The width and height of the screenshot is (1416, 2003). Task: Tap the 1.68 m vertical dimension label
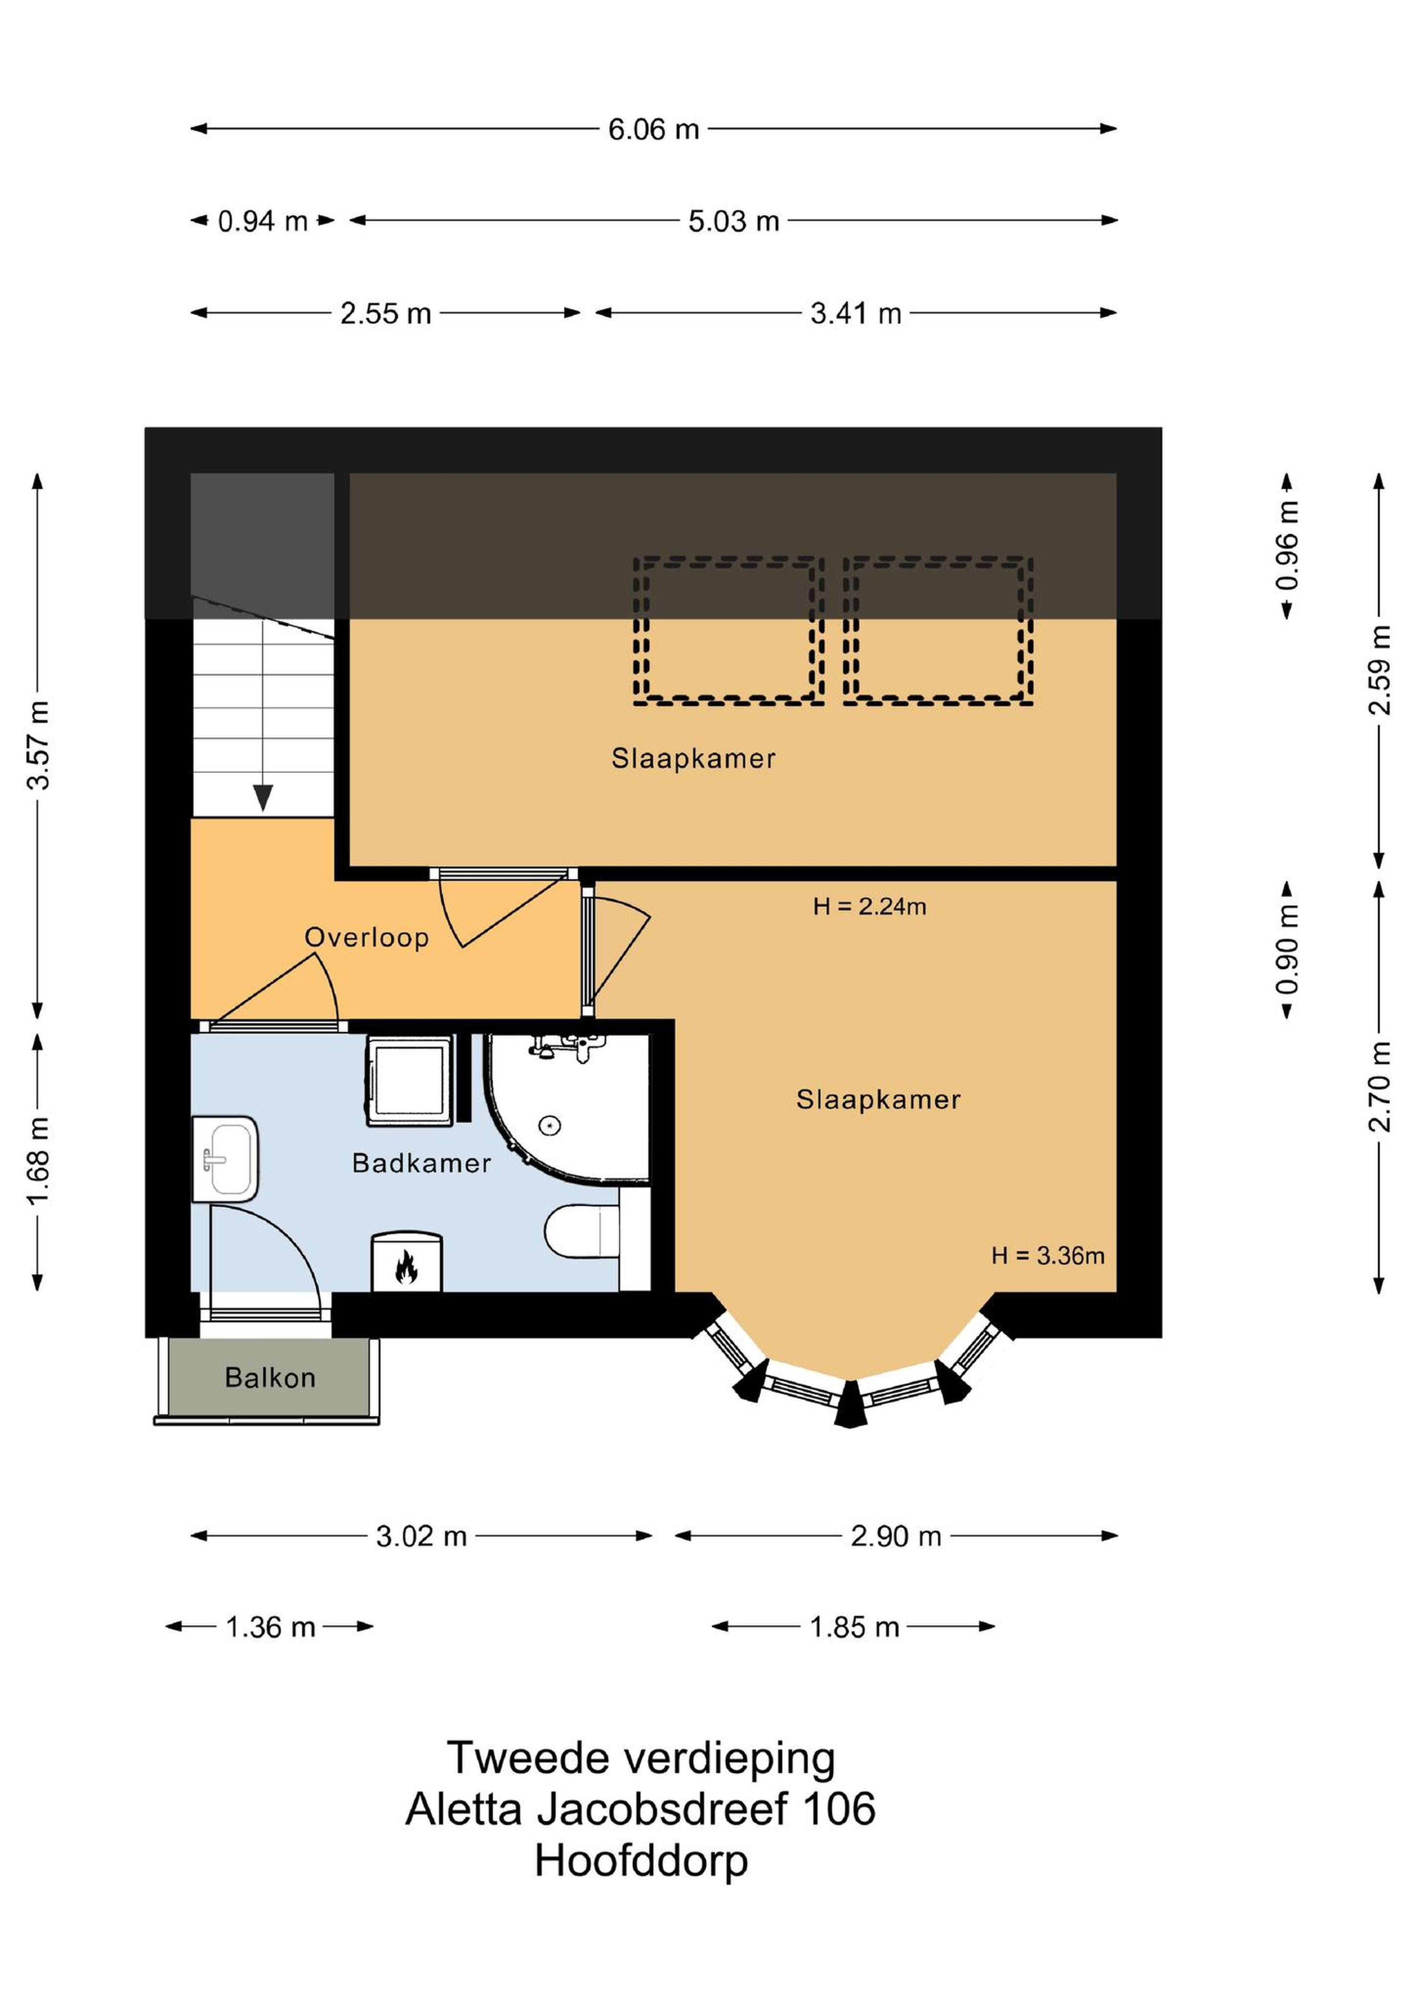38,1161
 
